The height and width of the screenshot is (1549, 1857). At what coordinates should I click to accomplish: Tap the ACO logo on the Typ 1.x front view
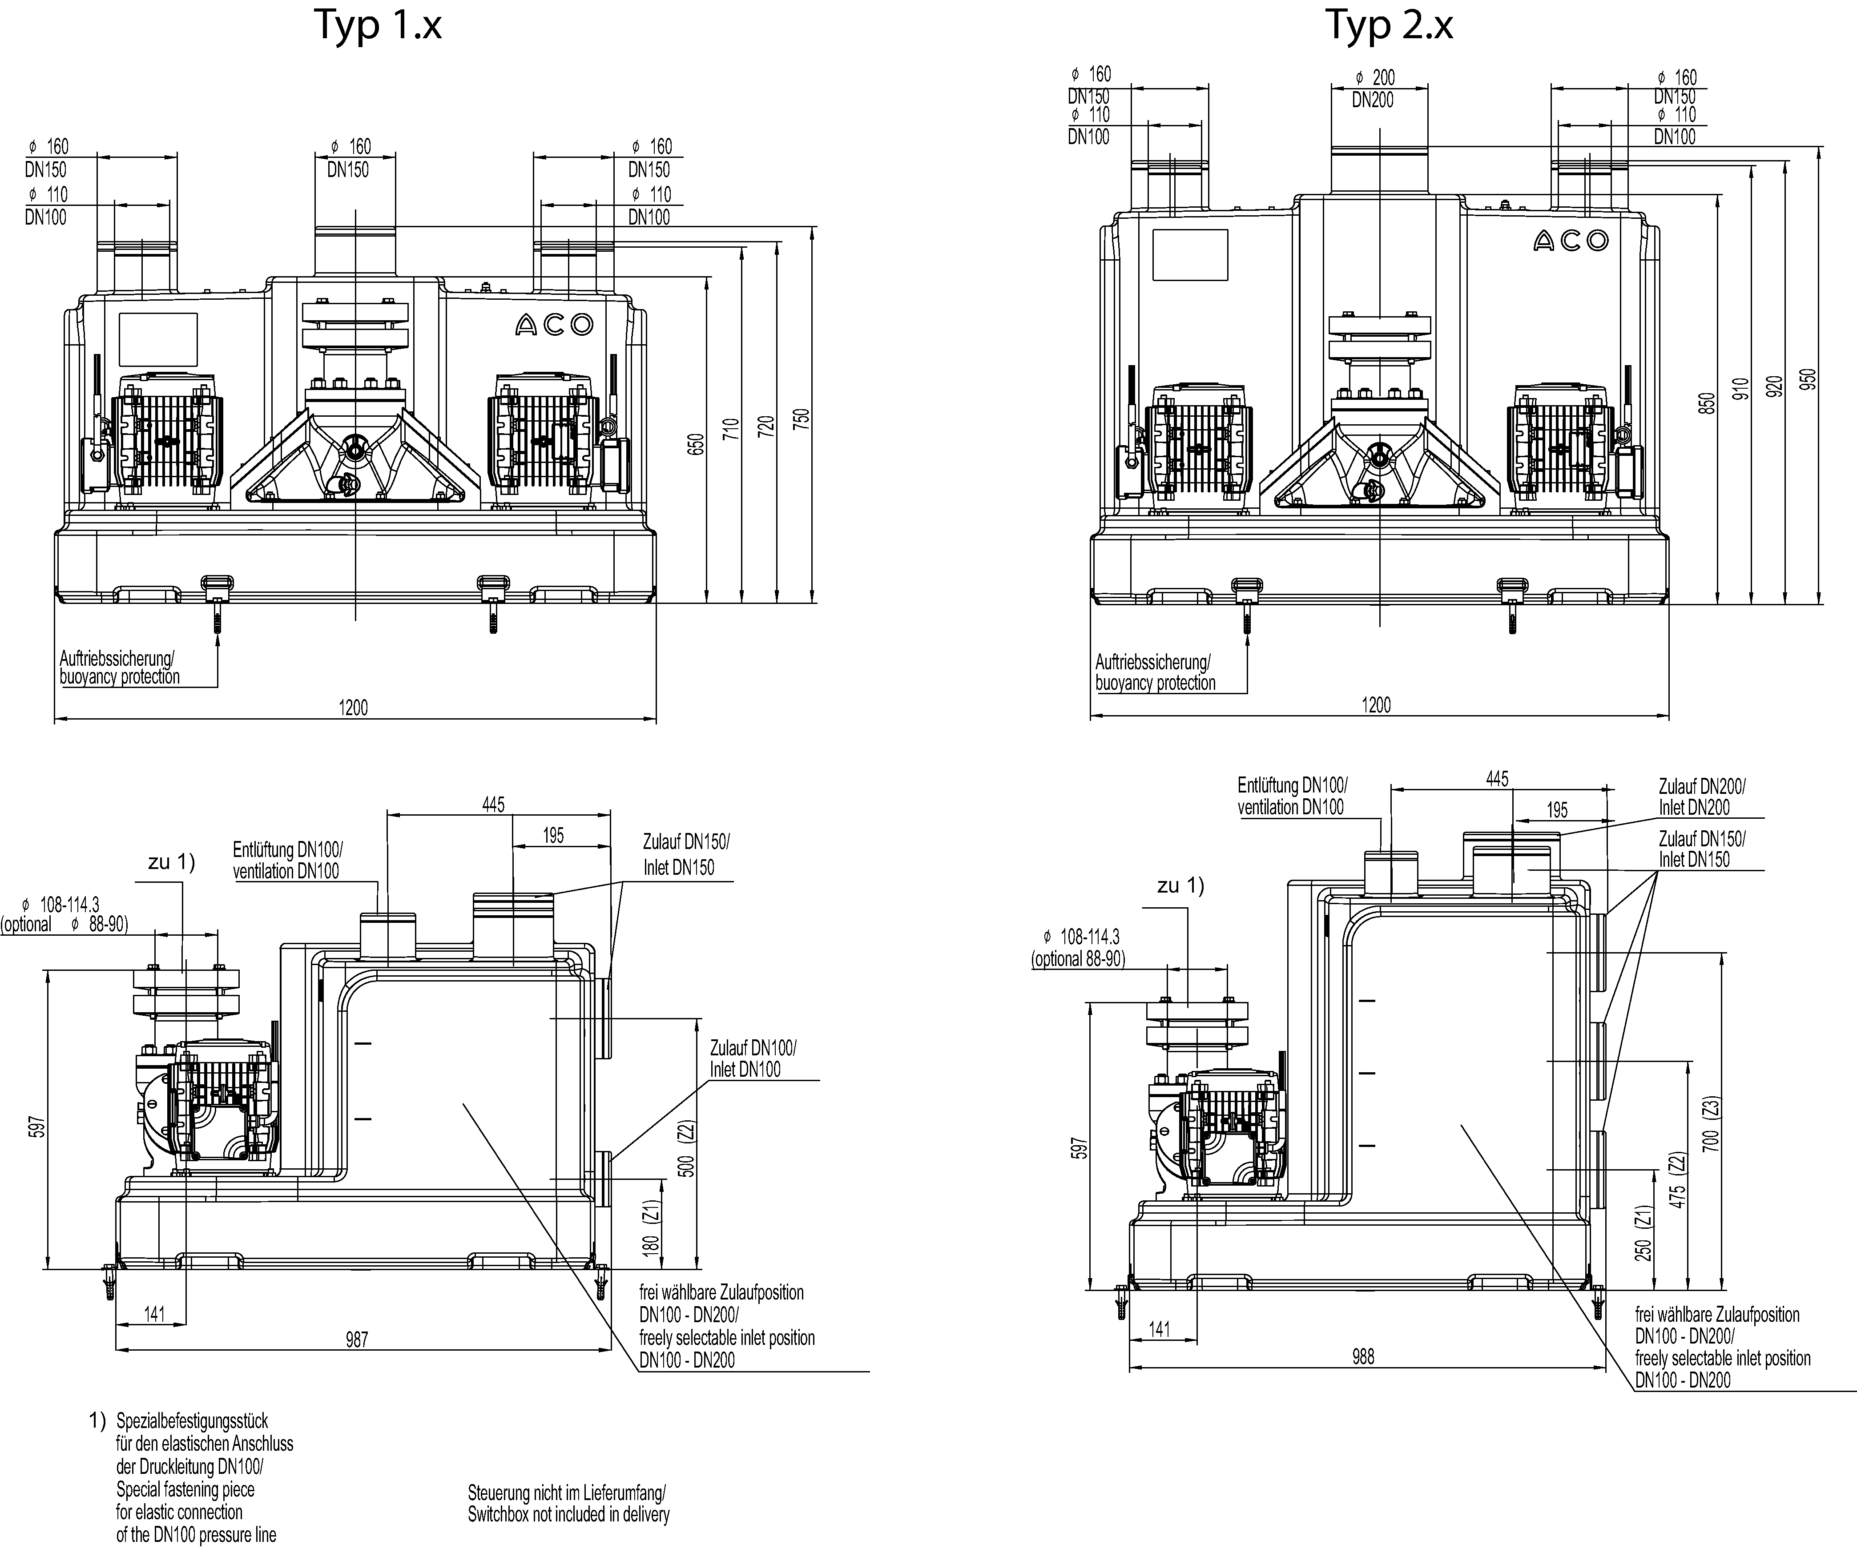pos(555,326)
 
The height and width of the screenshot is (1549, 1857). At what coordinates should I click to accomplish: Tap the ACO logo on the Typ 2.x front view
pos(1571,241)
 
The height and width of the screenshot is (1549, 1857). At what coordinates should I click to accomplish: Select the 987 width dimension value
pos(356,1340)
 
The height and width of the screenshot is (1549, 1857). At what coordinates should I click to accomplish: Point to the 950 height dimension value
pos(1809,378)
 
